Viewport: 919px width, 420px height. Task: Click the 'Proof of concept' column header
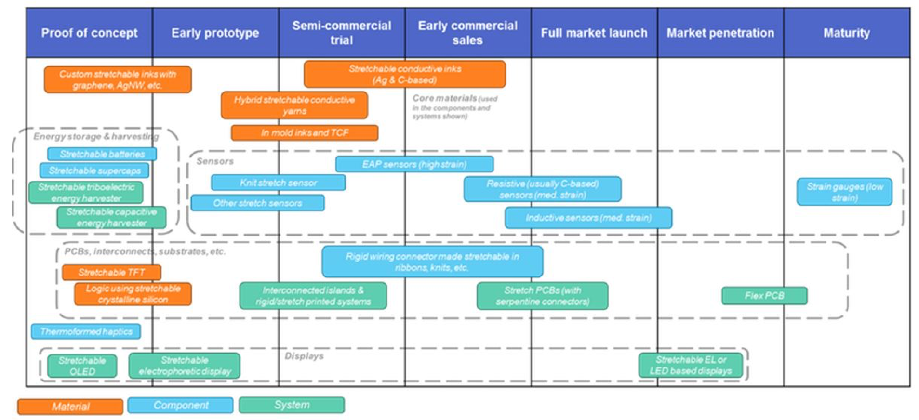click(x=89, y=33)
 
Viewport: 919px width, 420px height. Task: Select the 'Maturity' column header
click(x=846, y=33)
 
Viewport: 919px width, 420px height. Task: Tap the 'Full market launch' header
click(x=594, y=33)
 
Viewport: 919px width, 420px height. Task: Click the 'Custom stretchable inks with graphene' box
click(x=118, y=79)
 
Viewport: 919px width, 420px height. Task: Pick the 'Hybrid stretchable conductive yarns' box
click(x=294, y=105)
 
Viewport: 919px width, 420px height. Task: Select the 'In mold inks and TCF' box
click(x=304, y=132)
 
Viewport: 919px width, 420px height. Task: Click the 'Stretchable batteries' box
click(x=102, y=154)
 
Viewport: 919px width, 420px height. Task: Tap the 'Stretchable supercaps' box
click(x=94, y=171)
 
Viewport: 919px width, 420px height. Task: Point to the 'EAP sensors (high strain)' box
click(x=414, y=164)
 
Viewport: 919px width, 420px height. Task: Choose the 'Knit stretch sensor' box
click(x=278, y=183)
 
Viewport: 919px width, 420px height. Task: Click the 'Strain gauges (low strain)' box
click(x=844, y=192)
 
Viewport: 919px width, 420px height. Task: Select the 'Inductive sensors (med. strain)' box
click(x=588, y=218)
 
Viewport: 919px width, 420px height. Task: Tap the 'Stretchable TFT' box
click(x=111, y=272)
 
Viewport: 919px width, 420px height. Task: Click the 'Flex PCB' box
click(x=764, y=295)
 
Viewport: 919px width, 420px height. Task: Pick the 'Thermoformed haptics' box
click(x=86, y=331)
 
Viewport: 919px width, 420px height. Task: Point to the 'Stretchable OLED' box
click(x=82, y=366)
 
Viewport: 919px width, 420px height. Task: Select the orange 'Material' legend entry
click(x=70, y=406)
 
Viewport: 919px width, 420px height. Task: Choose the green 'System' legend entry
click(x=292, y=405)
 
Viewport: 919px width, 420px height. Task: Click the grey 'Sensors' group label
click(x=215, y=161)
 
